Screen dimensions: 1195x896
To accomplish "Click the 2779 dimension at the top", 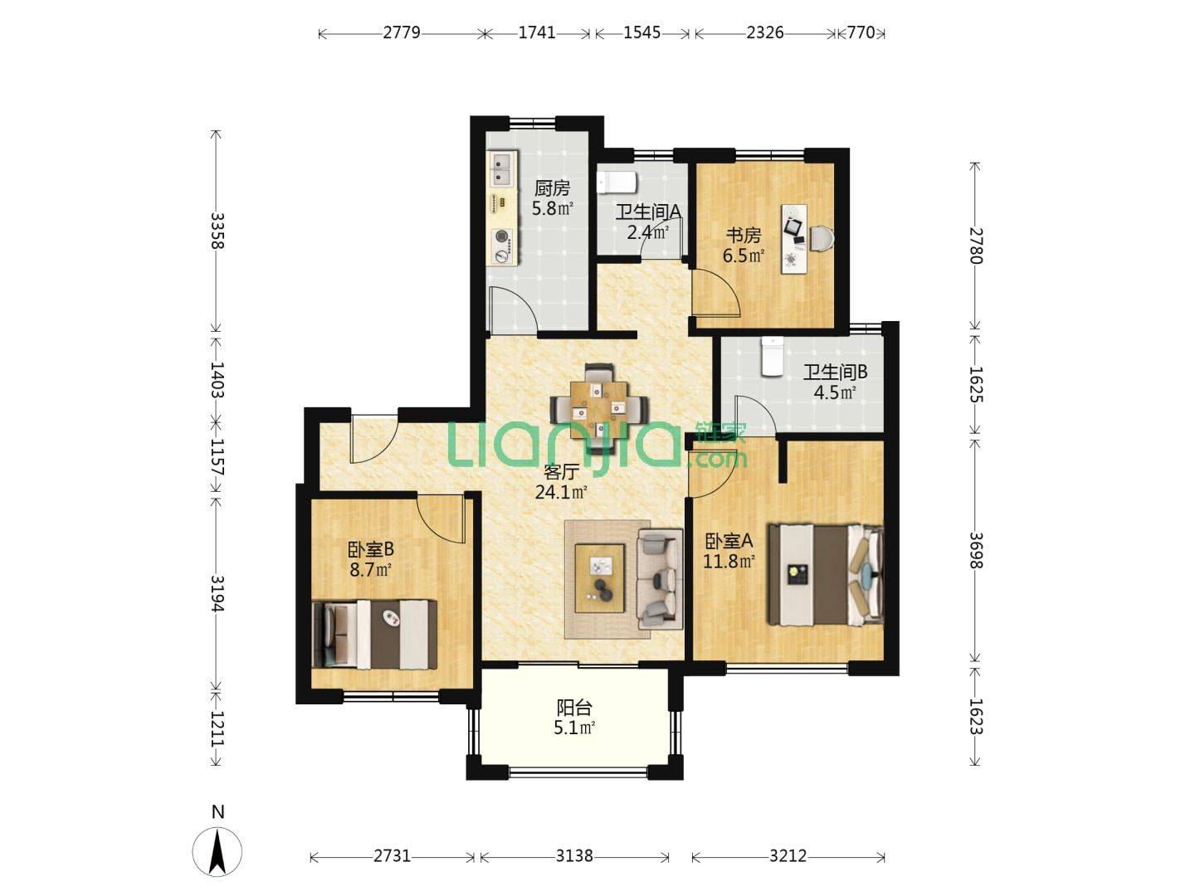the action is (402, 33).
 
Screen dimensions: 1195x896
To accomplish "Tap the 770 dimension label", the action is (861, 33).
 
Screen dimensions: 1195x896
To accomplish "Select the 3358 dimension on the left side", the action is (217, 230).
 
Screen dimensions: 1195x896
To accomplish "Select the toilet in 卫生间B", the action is (772, 357).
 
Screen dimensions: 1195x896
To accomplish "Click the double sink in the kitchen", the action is (120, 168).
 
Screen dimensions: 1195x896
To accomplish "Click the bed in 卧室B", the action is (375, 635).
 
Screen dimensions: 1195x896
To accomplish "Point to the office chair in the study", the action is (822, 238).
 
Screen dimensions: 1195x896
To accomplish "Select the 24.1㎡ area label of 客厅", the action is (561, 492).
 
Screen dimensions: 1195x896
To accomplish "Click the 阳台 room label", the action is (574, 707).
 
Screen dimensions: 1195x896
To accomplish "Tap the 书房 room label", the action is (743, 236).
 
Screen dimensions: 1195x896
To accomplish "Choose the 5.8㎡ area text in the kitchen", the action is (552, 207).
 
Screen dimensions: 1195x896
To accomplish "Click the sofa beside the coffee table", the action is (660, 579).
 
